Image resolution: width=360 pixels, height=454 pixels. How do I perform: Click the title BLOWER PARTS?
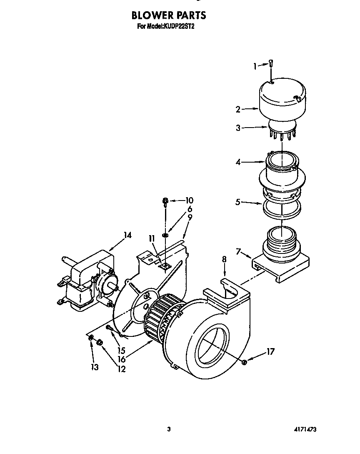coord(168,15)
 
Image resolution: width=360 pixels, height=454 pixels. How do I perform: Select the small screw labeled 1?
coord(271,63)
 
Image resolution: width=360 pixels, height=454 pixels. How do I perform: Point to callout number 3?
coord(238,128)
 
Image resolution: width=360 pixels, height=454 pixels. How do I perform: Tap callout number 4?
coord(238,162)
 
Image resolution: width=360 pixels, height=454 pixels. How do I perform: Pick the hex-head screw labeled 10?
coord(166,202)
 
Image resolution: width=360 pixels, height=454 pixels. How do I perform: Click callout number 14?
coord(127,236)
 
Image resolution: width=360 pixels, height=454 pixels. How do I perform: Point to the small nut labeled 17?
coord(245,362)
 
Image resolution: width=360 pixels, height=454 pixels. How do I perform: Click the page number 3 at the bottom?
coord(169,429)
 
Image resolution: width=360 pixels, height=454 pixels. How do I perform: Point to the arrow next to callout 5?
coord(251,203)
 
